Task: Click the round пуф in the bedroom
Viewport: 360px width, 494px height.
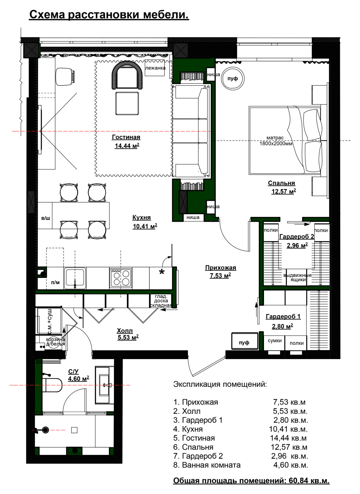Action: [x=232, y=78]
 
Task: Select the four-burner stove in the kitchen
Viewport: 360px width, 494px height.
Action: [x=121, y=278]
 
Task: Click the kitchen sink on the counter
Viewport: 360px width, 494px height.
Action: [x=75, y=278]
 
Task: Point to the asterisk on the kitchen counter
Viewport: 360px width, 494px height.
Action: [x=162, y=272]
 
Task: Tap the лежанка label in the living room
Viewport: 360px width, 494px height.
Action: [x=155, y=68]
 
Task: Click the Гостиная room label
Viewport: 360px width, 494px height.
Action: [x=126, y=137]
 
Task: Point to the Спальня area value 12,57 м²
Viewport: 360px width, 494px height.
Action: [x=283, y=191]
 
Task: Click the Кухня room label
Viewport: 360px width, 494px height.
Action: [x=142, y=217]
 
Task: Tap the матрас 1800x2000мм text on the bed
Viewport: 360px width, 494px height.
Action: [x=276, y=141]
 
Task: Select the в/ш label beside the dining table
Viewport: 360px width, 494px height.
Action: [x=46, y=218]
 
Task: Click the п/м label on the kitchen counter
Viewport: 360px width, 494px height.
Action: [x=55, y=282]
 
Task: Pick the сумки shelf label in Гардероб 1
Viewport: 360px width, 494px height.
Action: [x=275, y=341]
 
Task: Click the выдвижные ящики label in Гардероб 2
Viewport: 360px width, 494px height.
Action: [x=298, y=278]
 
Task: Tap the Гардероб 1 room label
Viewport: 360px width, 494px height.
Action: [x=283, y=316]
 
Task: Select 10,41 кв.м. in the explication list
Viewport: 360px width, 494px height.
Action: [x=288, y=429]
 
